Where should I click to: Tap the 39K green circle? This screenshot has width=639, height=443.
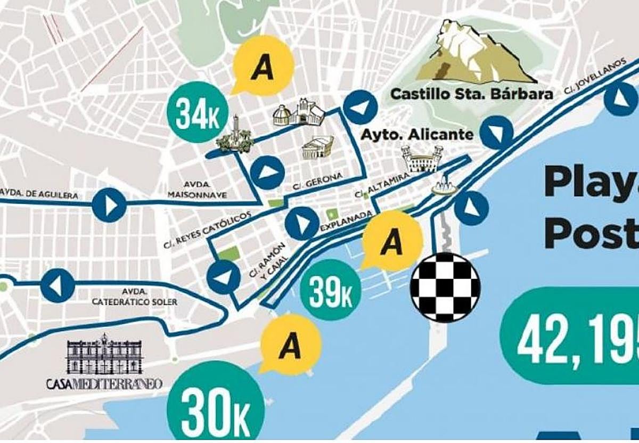coord(331,290)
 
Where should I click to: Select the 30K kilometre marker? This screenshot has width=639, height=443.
coord(216,407)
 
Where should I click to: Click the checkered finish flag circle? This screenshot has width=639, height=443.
coord(445,287)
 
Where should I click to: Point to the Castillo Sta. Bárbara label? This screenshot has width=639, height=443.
coord(471,94)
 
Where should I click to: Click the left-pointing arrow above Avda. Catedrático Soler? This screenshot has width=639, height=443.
coord(58,285)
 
